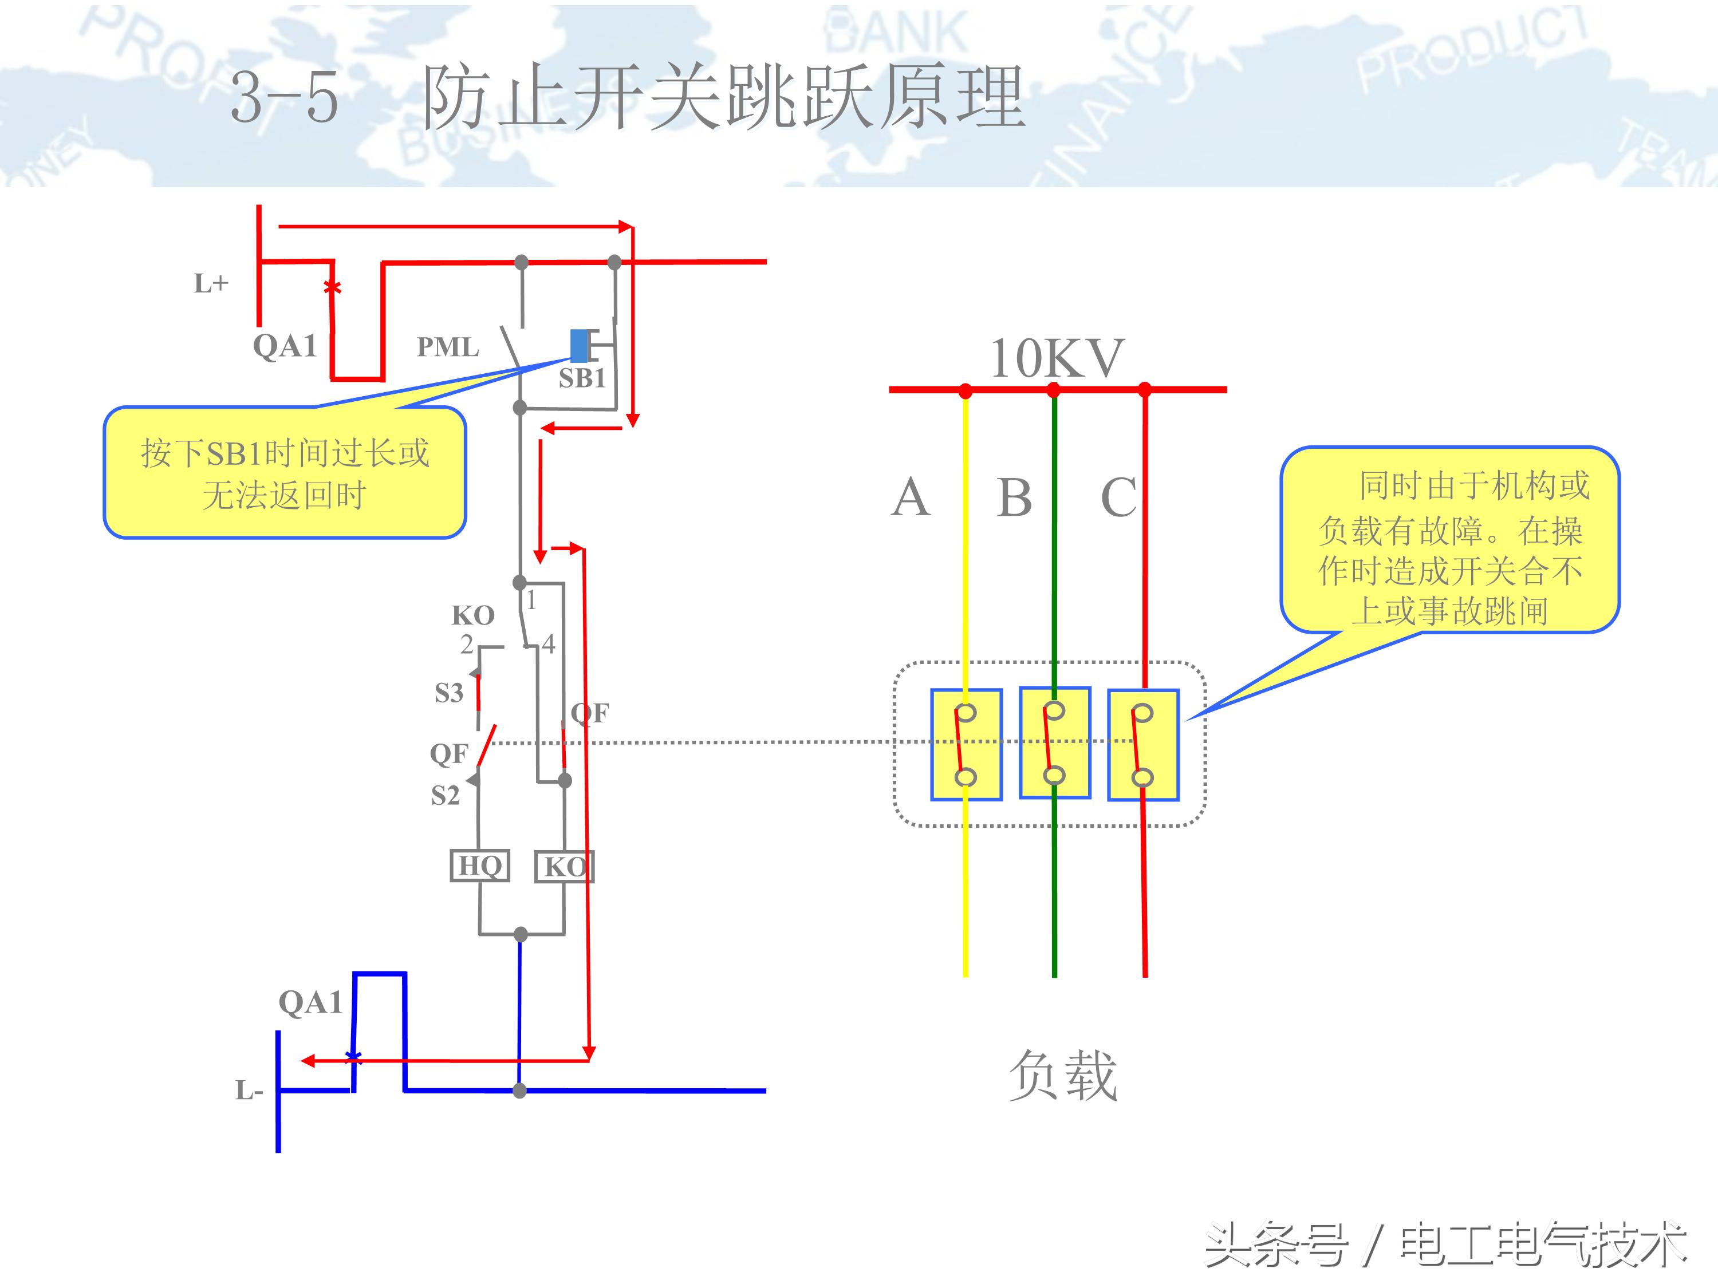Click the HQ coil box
(x=480, y=866)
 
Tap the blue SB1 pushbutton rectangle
(x=580, y=346)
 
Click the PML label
(x=448, y=347)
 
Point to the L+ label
(x=211, y=284)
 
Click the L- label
(x=249, y=1091)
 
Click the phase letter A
(x=911, y=497)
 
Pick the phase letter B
(x=1014, y=497)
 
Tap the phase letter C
(x=1118, y=497)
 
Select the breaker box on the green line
(x=1055, y=743)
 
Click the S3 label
(x=448, y=693)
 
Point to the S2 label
(x=445, y=796)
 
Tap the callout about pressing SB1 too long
(x=284, y=473)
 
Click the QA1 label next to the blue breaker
(x=310, y=1002)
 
